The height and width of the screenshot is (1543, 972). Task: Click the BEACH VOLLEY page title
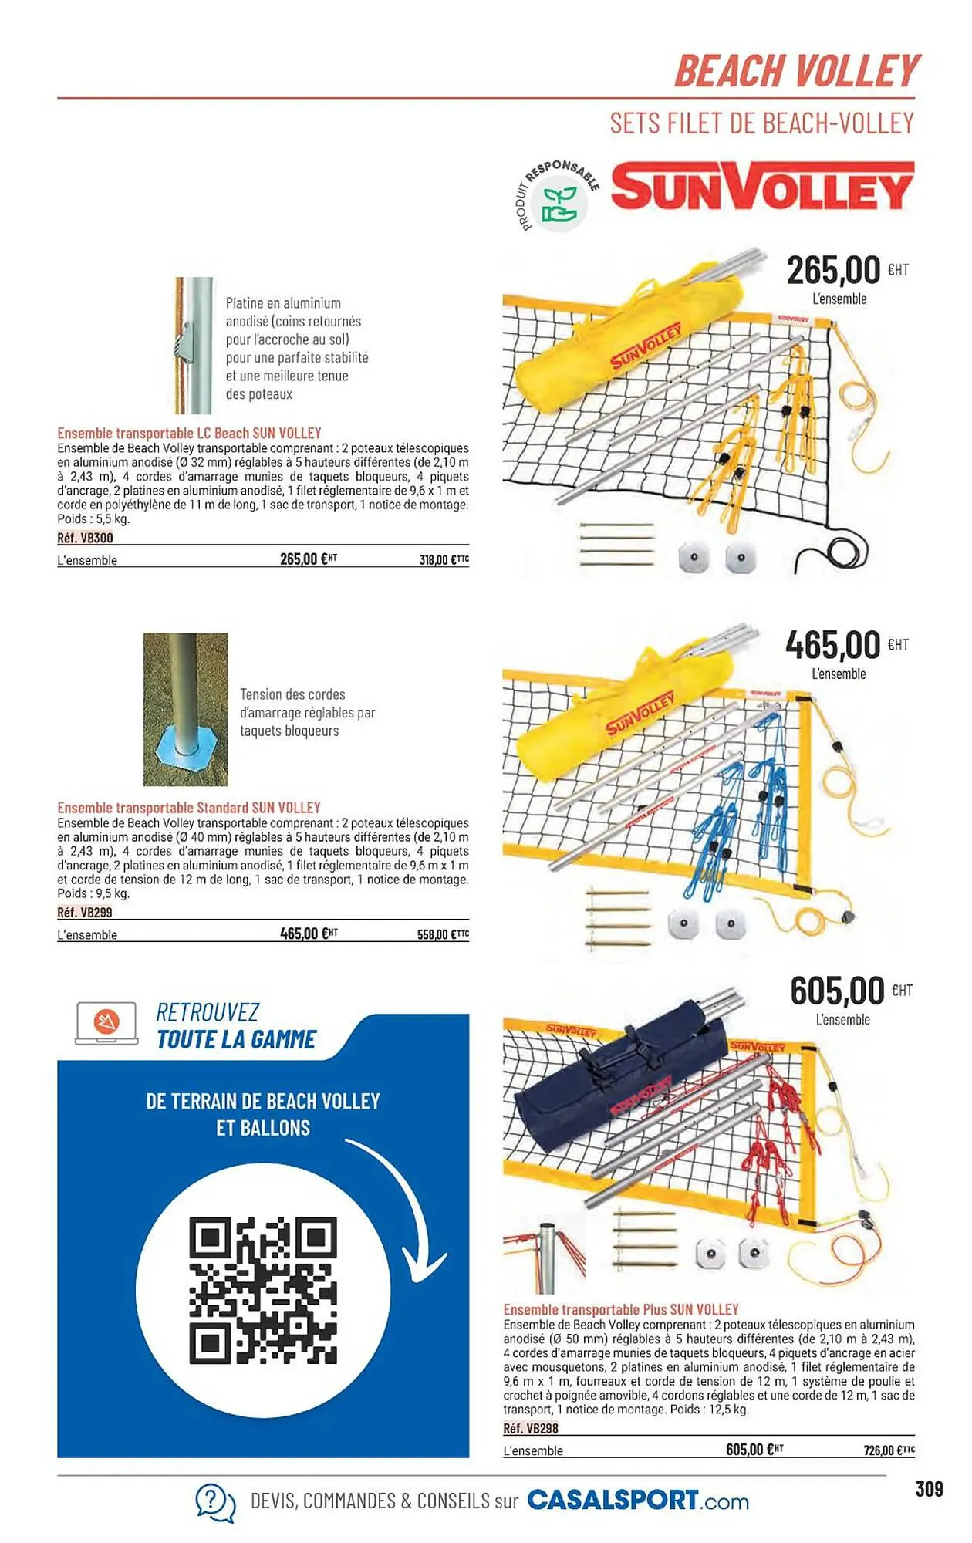[797, 71]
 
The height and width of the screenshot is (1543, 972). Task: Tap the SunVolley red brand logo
[762, 186]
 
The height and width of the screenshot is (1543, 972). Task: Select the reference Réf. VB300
[85, 538]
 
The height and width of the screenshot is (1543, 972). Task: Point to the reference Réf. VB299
[85, 912]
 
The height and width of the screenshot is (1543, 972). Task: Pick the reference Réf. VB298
[531, 1428]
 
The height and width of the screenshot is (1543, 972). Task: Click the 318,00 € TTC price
[444, 559]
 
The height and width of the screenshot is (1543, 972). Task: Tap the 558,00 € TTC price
[443, 934]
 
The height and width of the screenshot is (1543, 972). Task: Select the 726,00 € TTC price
[889, 1450]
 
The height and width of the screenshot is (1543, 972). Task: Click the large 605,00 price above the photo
[837, 991]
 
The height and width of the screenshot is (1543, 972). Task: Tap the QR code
[263, 1290]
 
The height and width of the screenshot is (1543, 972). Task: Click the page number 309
[929, 1489]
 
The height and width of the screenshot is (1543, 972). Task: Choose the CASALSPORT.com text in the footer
[638, 1501]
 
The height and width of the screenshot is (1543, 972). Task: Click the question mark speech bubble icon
[214, 1502]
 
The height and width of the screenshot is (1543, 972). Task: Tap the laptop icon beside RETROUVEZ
[106, 1024]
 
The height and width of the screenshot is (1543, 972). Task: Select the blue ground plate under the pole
[185, 752]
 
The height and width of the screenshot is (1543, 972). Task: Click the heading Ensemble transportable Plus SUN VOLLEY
[621, 1309]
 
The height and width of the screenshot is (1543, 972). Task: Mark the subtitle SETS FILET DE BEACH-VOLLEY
[761, 123]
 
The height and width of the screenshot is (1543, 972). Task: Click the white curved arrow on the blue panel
[409, 1204]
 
